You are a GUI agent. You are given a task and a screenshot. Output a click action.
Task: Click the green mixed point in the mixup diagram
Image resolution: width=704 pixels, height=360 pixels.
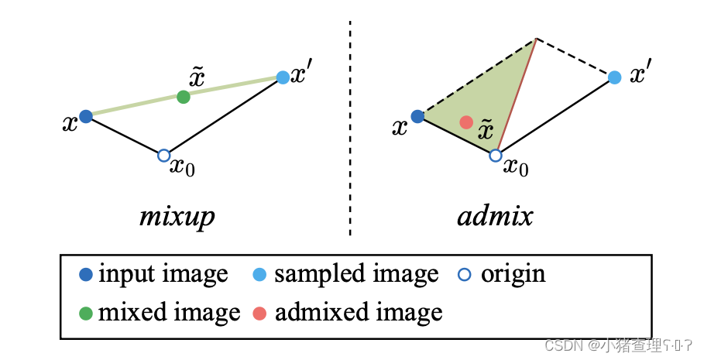[183, 97]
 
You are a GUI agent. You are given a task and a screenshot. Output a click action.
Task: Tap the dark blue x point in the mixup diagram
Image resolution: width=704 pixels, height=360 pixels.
[86, 116]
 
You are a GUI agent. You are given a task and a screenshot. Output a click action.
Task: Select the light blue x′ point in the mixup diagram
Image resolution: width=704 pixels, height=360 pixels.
[283, 77]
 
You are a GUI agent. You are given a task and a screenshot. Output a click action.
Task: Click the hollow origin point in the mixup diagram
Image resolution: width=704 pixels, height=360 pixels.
[163, 156]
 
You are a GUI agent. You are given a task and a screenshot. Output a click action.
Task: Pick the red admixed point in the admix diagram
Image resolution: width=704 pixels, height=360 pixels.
[465, 122]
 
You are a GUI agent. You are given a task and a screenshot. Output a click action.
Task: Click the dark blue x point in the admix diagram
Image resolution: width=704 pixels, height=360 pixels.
[417, 116]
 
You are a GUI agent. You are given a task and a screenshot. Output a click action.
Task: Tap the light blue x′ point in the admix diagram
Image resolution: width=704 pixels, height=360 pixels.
[614, 77]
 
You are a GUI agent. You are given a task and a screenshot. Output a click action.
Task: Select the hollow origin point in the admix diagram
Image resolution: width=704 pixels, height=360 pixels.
[496, 156]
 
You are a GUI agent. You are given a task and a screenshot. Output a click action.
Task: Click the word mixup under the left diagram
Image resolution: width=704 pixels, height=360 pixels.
[176, 217]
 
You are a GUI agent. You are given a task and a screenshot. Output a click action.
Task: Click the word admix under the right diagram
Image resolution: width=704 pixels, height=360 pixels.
[495, 216]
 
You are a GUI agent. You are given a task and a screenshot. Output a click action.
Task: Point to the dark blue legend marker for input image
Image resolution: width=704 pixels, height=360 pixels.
[86, 274]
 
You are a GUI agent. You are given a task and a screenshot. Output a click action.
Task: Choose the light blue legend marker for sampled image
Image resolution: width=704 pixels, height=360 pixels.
[261, 274]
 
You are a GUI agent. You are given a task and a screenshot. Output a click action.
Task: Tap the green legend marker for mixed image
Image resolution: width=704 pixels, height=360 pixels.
[86, 313]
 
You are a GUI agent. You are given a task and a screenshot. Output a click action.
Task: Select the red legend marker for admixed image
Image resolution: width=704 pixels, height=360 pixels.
[261, 313]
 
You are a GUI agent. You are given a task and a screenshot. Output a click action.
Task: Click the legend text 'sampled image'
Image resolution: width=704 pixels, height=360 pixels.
[355, 275]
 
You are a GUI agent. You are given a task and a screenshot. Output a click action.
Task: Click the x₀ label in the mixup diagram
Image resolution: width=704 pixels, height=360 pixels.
[183, 166]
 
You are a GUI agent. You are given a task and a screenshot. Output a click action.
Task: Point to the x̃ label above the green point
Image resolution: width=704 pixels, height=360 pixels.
[197, 77]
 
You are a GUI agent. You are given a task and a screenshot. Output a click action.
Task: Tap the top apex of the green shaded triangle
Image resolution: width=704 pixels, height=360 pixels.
[535, 39]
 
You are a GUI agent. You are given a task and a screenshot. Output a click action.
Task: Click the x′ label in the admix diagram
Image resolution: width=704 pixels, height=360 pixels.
[640, 75]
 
